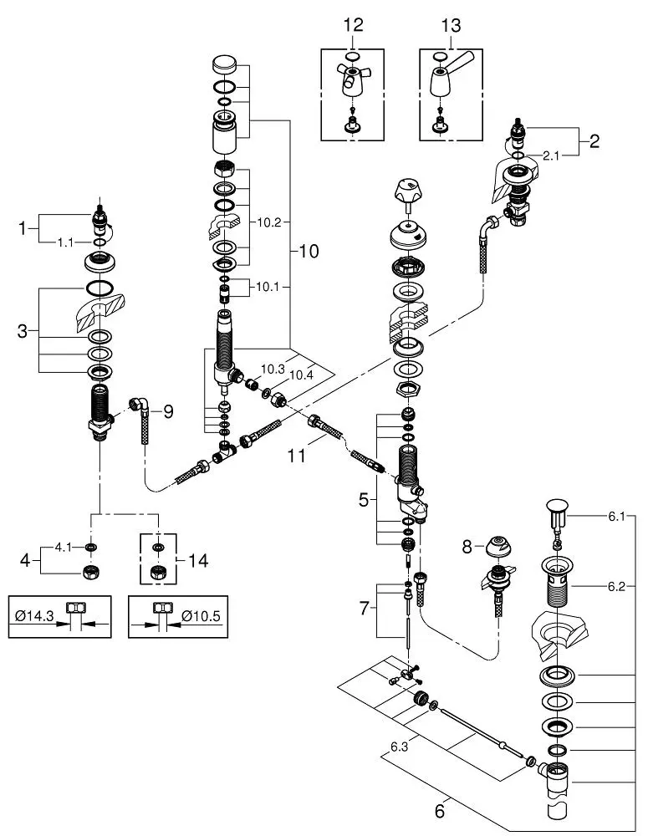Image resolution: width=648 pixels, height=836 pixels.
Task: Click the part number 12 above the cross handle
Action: [x=353, y=25]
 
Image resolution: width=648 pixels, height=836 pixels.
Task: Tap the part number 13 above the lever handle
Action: [x=451, y=25]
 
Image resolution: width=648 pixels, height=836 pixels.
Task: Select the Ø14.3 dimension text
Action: [x=34, y=616]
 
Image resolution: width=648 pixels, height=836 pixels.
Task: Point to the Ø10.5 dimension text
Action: [x=201, y=616]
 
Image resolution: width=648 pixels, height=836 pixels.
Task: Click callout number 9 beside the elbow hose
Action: [x=168, y=411]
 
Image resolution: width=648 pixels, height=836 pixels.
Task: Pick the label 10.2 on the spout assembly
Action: [x=268, y=223]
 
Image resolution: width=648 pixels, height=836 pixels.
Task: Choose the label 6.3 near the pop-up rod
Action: [x=399, y=747]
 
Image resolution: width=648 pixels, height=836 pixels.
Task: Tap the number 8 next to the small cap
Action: [x=467, y=547]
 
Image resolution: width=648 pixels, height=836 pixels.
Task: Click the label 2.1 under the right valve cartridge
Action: [x=551, y=156]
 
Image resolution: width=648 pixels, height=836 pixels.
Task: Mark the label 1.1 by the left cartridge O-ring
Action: [x=65, y=243]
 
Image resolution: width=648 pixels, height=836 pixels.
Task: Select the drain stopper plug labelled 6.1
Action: [x=557, y=514]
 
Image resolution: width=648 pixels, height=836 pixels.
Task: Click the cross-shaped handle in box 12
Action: [x=351, y=79]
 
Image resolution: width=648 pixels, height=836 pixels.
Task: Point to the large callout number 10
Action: [x=308, y=251]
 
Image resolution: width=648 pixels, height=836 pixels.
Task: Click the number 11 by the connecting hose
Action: [x=297, y=456]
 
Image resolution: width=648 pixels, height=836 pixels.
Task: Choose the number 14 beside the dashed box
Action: [x=197, y=561]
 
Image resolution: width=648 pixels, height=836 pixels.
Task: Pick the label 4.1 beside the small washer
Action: [x=63, y=548]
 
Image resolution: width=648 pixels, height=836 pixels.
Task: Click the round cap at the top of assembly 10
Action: [x=224, y=65]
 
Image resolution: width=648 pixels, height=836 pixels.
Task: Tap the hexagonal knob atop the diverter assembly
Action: [x=408, y=192]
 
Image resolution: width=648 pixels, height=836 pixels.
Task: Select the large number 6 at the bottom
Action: [x=440, y=812]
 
